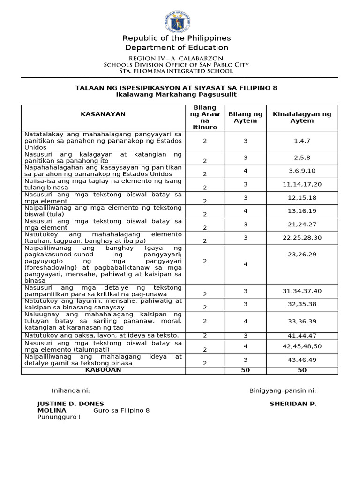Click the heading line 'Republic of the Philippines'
177,38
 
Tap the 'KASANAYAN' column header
103,114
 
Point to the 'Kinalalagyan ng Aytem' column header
302,117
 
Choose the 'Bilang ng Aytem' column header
245,117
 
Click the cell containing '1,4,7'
302,141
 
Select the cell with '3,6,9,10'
302,171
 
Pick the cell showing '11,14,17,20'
302,184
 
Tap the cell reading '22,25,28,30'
302,238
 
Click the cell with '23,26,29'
302,254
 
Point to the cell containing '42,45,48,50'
302,346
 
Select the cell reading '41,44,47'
302,335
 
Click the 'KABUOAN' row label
103,370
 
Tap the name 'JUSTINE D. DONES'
71,404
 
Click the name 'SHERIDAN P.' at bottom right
293,404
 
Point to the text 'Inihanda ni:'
71,390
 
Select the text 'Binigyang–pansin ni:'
282,390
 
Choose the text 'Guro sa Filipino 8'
122,410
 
